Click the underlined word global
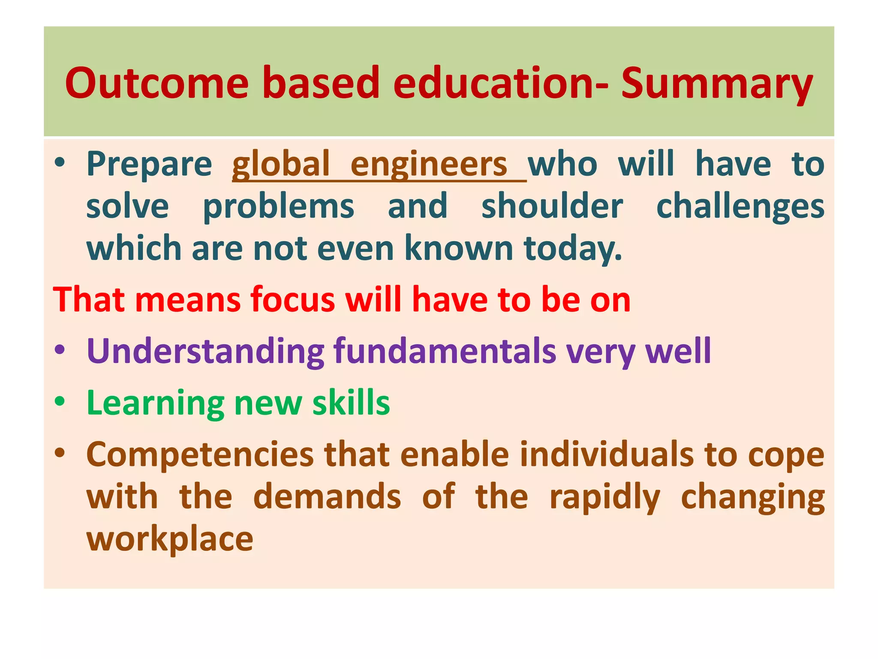click(281, 164)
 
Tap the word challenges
click(740, 207)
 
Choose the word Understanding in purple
click(205, 351)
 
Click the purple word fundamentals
click(445, 351)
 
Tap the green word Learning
click(155, 403)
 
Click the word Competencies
click(200, 455)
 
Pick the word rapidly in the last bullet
click(604, 497)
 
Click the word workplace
click(170, 539)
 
